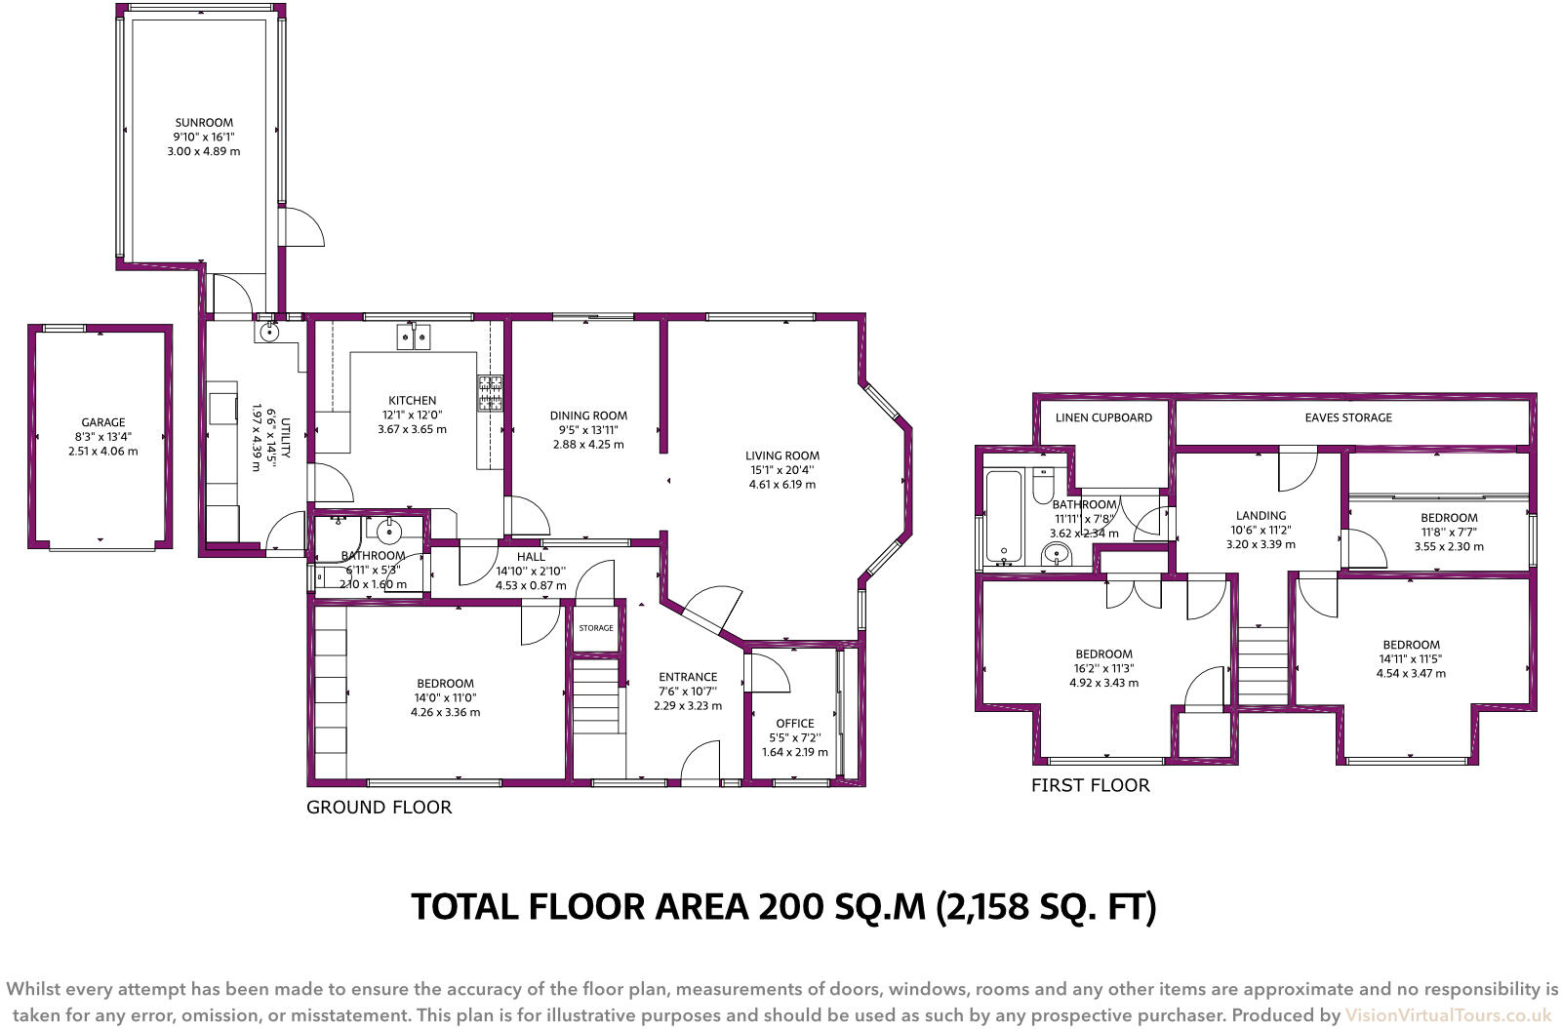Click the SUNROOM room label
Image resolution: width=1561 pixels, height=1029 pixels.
pos(204,123)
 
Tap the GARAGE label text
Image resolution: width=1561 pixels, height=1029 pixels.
pos(102,422)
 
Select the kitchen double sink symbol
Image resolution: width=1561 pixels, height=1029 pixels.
pos(414,337)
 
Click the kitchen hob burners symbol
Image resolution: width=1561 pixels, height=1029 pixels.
pos(490,393)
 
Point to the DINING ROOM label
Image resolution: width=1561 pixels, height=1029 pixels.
pos(588,416)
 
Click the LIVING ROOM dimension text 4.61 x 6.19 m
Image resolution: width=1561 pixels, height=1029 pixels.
pos(782,484)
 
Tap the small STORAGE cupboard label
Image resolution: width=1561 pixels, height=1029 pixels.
pos(596,628)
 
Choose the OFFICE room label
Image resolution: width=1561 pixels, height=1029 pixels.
pos(794,724)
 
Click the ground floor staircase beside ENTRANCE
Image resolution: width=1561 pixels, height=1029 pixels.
pos(596,696)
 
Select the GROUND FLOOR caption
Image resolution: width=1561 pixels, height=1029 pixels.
pos(379,808)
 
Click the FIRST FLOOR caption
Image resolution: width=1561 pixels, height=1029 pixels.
pos(1090,785)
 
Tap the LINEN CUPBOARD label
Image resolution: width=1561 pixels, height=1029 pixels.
pos(1103,417)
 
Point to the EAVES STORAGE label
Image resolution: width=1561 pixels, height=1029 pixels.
pos(1348,417)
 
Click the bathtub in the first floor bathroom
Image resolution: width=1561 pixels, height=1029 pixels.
pos(1004,517)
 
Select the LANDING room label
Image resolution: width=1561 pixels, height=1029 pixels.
pos(1261,515)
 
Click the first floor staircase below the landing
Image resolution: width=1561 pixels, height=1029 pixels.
pos(1262,665)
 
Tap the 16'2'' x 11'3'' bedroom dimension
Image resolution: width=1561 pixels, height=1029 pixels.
pos(1103,668)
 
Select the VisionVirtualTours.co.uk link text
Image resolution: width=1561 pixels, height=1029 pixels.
pos(1448,1015)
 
